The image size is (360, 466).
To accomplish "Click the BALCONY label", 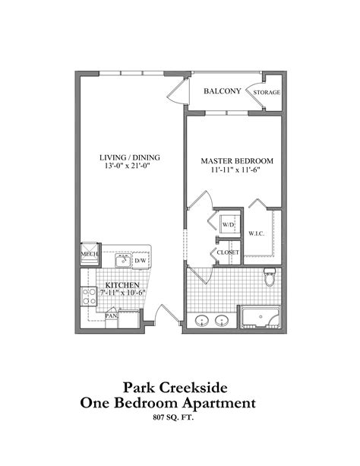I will pos(223,91).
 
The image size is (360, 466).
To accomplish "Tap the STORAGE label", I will pos(267,93).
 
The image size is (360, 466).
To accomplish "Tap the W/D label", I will pos(229,227).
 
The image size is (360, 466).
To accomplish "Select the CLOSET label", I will pos(229,252).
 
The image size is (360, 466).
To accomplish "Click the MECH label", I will pos(89,255).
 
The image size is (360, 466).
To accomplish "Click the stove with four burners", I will pos(88,296).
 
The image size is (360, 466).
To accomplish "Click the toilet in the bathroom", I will pos(269,281).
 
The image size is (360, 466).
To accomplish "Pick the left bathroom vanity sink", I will pos(202,320).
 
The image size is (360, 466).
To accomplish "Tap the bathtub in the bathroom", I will pos(261,317).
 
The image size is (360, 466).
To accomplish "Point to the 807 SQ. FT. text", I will pos(180,418).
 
